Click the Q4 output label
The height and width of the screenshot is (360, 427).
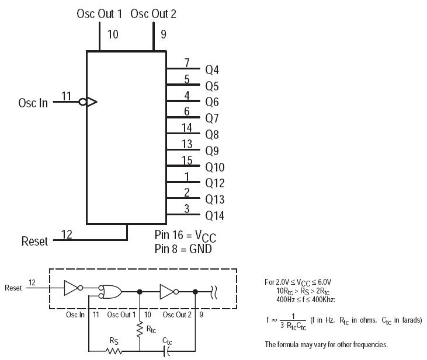(x=212, y=70)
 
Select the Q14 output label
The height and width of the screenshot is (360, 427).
(x=214, y=216)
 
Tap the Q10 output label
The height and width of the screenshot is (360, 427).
(x=214, y=167)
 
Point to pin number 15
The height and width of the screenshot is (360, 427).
(x=187, y=160)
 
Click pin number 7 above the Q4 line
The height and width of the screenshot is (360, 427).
(x=187, y=63)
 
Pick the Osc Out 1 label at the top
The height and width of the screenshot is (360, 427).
(x=99, y=14)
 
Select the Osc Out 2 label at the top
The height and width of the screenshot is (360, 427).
(x=153, y=14)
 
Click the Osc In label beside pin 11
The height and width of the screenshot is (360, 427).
(x=33, y=103)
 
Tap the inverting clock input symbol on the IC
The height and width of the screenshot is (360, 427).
(x=88, y=102)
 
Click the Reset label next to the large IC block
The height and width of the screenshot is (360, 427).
(x=34, y=242)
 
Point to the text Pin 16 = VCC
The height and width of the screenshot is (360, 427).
(x=185, y=236)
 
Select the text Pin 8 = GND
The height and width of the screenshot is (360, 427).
(x=183, y=249)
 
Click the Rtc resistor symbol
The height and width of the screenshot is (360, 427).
(x=140, y=330)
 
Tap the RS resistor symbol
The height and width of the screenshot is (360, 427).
(x=114, y=351)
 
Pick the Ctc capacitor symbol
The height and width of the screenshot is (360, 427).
(x=166, y=351)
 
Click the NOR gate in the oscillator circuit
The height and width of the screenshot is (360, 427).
(x=110, y=292)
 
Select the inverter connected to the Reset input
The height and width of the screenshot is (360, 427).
(x=73, y=288)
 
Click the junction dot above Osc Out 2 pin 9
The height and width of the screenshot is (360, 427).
(x=195, y=292)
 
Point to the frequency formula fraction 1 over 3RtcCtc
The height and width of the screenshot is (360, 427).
(x=293, y=322)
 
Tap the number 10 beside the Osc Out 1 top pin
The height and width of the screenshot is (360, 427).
(x=113, y=34)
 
